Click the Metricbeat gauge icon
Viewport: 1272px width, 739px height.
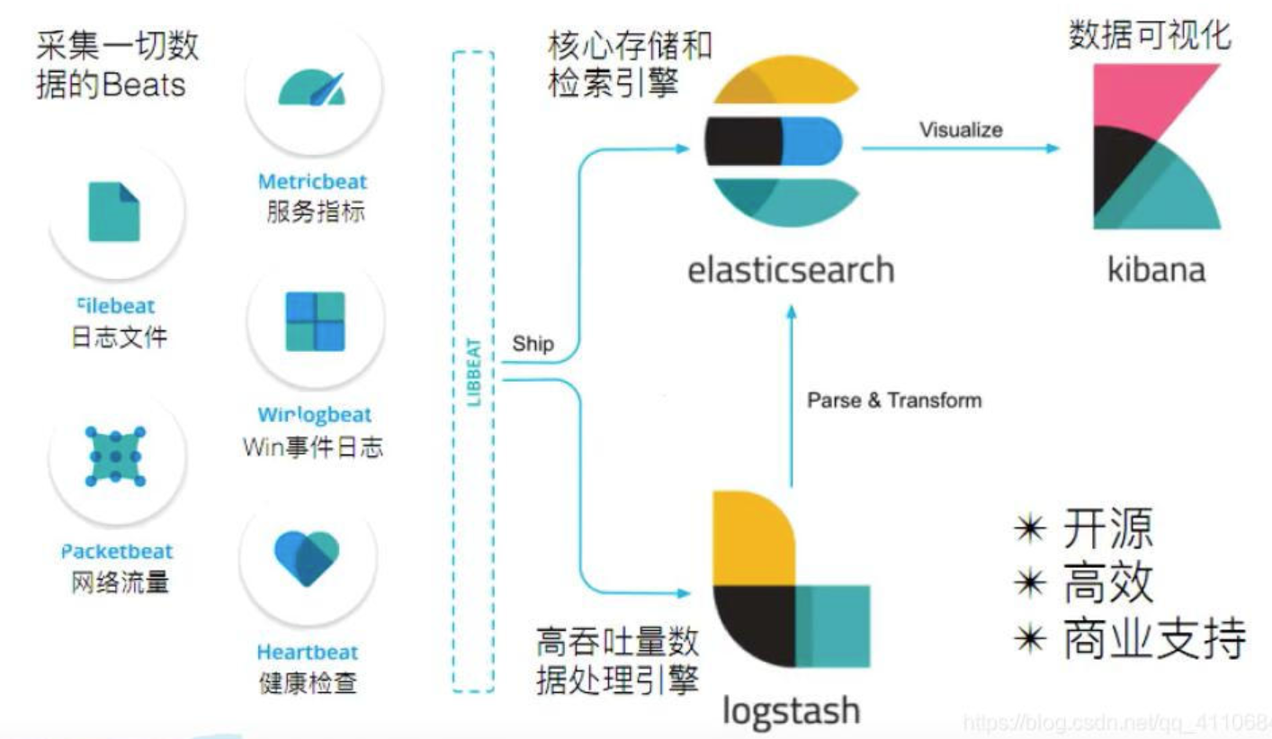click(x=311, y=88)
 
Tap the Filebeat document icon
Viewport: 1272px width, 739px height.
click(x=114, y=212)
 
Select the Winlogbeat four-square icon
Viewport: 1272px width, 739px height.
click(x=315, y=321)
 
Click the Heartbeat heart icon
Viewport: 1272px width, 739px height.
click(x=307, y=558)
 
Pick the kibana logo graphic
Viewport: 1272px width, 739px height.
click(x=1157, y=147)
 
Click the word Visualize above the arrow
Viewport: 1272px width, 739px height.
click(x=961, y=130)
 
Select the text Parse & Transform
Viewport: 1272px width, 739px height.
click(x=894, y=400)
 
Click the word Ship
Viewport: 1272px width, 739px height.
click(x=533, y=344)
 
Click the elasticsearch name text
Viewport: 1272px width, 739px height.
click(x=791, y=269)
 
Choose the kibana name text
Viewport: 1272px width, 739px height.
click(x=1156, y=269)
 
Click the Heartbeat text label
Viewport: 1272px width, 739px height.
click(x=308, y=652)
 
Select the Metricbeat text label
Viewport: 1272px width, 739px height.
click(x=312, y=182)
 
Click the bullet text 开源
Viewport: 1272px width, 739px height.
click(x=1107, y=529)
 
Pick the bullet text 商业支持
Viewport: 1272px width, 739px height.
click(x=1154, y=638)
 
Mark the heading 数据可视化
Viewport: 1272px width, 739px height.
click(x=1150, y=36)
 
